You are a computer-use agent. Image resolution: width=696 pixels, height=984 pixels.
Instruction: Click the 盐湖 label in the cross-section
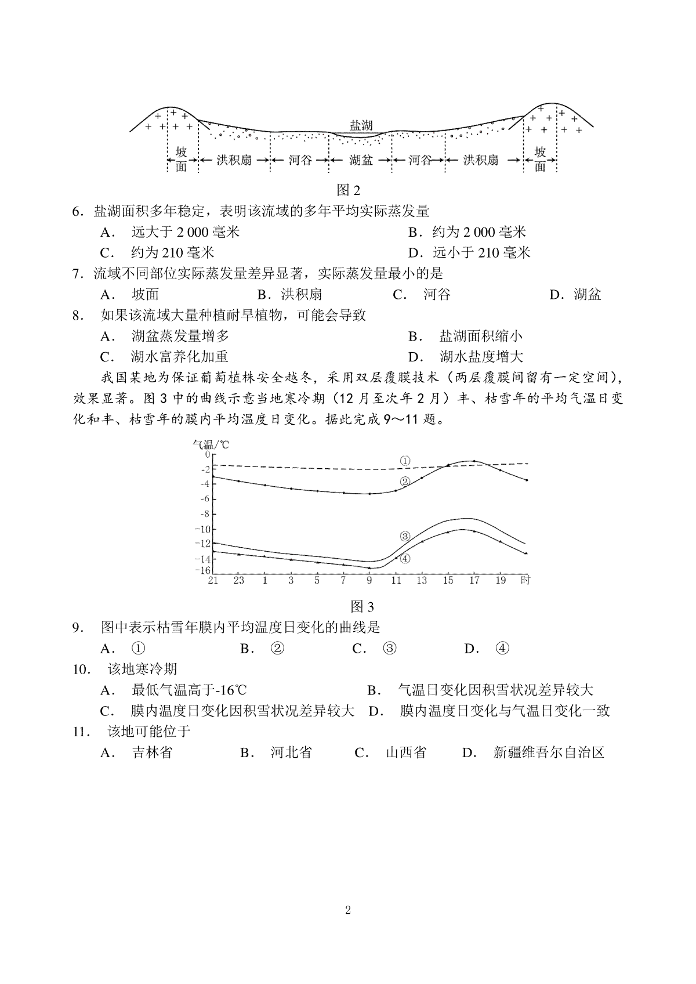tap(361, 125)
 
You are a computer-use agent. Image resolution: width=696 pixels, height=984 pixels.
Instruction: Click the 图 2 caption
tap(349, 190)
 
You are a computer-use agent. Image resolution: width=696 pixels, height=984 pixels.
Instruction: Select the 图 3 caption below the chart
tap(362, 607)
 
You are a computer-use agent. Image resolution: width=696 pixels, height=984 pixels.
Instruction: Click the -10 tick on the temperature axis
tap(203, 529)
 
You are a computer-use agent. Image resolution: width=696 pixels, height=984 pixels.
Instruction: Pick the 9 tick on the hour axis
tap(369, 580)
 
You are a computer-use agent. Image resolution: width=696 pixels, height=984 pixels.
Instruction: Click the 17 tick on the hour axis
tap(474, 580)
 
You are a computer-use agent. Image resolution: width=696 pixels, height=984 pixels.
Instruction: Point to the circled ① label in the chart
tap(405, 461)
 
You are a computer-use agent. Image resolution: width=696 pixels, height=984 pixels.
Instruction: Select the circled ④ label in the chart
tap(405, 558)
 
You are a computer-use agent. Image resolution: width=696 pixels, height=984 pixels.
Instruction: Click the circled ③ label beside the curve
tap(405, 536)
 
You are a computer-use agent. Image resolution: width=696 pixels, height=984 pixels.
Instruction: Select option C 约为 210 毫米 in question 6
tap(173, 253)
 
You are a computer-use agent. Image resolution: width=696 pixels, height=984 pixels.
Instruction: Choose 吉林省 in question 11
tap(152, 753)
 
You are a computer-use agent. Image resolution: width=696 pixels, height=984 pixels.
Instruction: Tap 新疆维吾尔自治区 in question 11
tap(549, 753)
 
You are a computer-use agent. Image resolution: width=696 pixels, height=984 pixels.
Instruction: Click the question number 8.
tap(76, 316)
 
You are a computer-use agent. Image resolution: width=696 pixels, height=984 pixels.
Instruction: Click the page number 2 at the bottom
tap(348, 910)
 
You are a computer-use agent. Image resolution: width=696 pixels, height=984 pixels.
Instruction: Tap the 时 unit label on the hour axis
tap(525, 580)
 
